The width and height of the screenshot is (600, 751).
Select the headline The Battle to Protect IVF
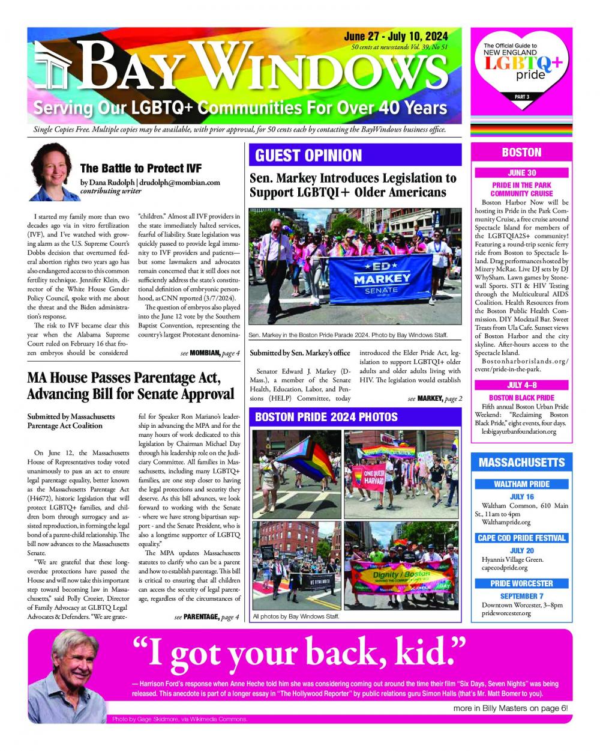pos(140,168)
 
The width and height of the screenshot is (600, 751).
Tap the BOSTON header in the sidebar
pos(521,153)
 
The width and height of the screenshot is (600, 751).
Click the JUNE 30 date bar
pos(521,173)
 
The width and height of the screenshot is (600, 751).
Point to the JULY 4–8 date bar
pos(521,385)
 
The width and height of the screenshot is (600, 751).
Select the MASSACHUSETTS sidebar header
pos(521,463)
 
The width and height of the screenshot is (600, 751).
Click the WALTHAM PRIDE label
pos(521,484)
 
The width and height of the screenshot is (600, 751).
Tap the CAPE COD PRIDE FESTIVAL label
pos(521,538)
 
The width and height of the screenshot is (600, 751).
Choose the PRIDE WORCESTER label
pos(521,583)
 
